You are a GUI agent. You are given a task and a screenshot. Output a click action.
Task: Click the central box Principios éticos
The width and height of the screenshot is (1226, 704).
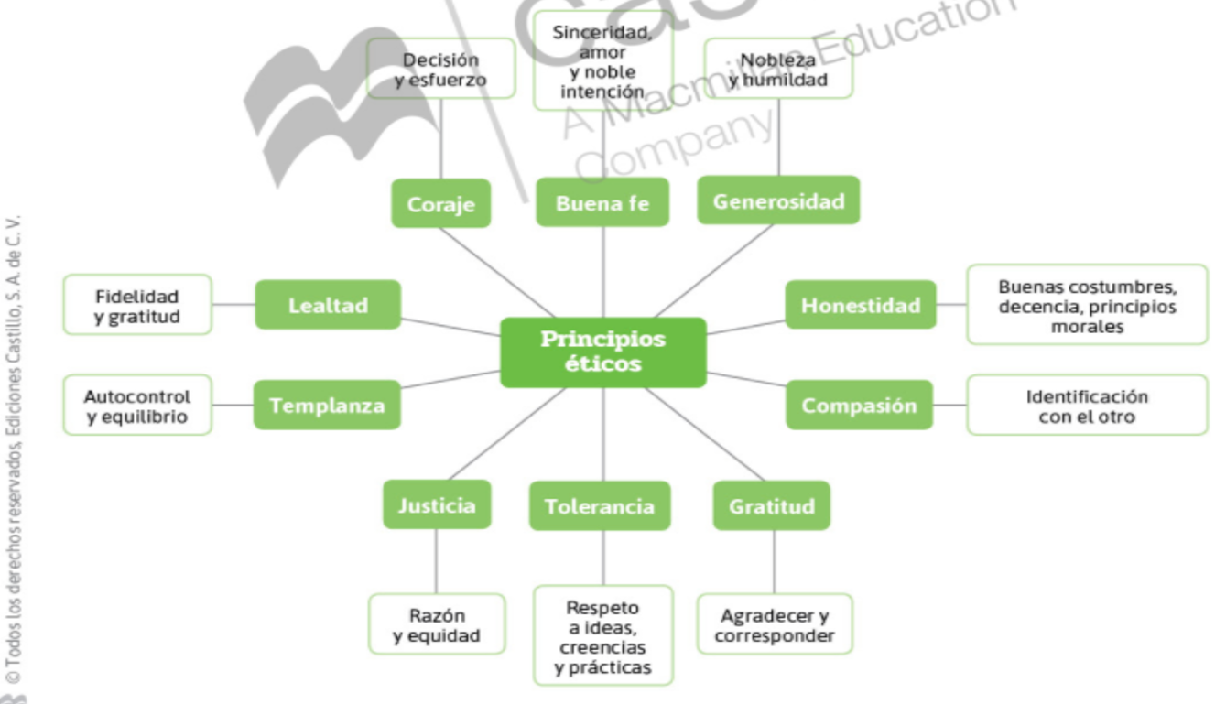tap(602, 352)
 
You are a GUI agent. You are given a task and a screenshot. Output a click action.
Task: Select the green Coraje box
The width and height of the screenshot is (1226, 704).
tap(440, 203)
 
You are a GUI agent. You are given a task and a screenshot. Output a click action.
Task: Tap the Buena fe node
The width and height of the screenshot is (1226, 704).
tap(602, 203)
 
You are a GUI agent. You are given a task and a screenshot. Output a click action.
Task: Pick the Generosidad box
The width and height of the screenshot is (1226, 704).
tap(778, 200)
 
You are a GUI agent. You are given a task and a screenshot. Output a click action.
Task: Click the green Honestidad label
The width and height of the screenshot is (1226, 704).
tap(861, 305)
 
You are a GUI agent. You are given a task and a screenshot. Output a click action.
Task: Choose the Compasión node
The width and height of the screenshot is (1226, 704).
tap(859, 405)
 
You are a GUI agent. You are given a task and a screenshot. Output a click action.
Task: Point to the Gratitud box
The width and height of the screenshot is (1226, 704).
tap(771, 505)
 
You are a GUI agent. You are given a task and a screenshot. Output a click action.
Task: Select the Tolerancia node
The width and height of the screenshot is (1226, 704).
tap(600, 505)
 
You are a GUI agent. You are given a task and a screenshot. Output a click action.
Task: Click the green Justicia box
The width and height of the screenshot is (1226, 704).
tap(437, 504)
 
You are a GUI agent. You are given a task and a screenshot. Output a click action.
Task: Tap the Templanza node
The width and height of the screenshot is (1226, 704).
tap(327, 405)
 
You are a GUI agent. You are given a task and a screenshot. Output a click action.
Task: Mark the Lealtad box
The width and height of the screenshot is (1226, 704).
tap(327, 305)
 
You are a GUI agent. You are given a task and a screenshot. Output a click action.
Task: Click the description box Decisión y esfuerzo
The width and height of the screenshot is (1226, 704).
tap(440, 69)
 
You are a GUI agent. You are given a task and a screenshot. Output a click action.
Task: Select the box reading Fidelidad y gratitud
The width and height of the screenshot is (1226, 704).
tap(137, 305)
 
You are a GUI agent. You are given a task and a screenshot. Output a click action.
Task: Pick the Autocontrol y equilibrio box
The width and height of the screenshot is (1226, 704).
tap(137, 405)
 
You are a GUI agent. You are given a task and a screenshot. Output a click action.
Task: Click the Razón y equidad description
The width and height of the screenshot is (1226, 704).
tap(437, 625)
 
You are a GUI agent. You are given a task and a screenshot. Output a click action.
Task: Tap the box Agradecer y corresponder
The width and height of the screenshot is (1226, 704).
tap(775, 625)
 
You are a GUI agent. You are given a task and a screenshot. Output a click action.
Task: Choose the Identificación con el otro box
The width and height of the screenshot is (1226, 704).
tap(1087, 406)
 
